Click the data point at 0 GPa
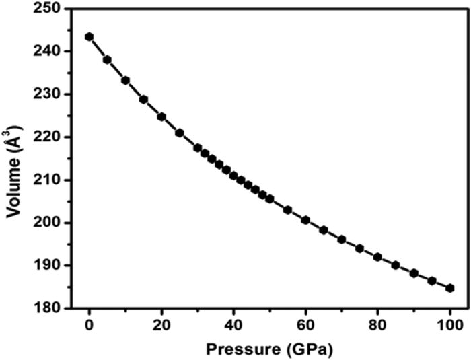click(x=89, y=36)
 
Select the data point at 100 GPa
click(x=450, y=288)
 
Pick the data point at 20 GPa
click(x=161, y=116)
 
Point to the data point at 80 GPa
click(x=377, y=257)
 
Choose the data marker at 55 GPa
click(x=287, y=210)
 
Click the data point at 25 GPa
click(x=180, y=133)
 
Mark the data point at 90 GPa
click(x=414, y=273)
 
